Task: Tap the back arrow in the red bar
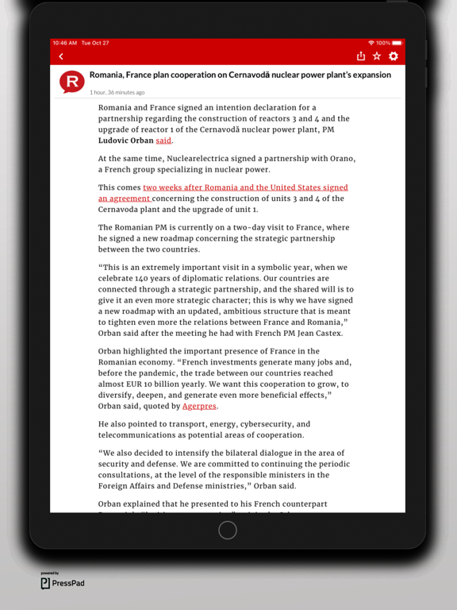(x=61, y=56)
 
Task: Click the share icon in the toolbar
(x=361, y=56)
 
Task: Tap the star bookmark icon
(x=377, y=56)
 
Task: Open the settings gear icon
(x=394, y=56)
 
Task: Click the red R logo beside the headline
(x=72, y=81)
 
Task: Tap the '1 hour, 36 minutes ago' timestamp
(x=117, y=92)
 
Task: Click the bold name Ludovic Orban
(x=125, y=141)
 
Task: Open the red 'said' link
(x=163, y=141)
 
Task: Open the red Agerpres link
(x=199, y=406)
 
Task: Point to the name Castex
(x=327, y=333)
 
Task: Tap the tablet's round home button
(x=228, y=531)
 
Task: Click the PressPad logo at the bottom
(x=63, y=583)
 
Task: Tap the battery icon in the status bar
(x=397, y=43)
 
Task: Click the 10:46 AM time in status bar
(x=64, y=43)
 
